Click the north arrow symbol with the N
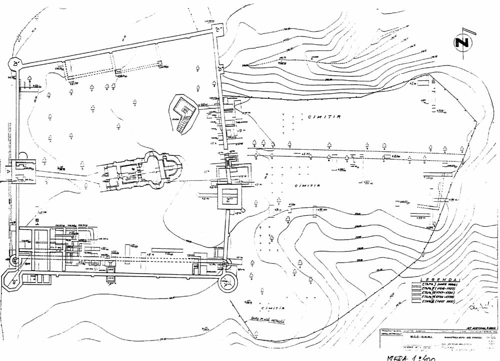click(463, 43)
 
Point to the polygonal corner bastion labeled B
click(16, 63)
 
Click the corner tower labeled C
click(218, 30)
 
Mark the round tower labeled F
click(229, 282)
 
